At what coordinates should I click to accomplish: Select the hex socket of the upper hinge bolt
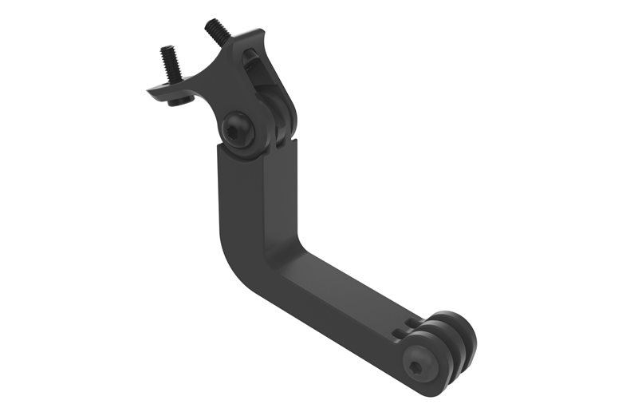point(236,129)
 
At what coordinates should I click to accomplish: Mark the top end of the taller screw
point(214,24)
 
